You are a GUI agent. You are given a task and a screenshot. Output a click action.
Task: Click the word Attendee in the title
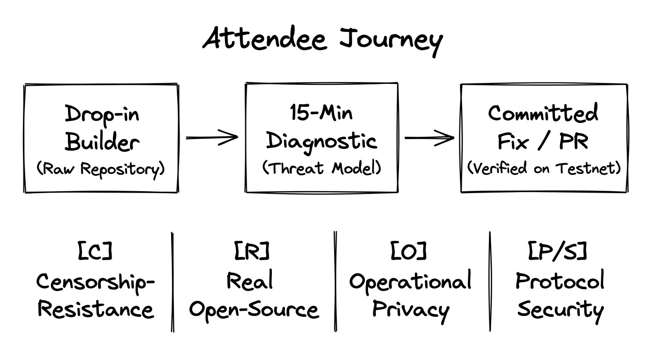(x=265, y=39)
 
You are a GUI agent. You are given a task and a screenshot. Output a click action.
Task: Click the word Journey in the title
(x=391, y=42)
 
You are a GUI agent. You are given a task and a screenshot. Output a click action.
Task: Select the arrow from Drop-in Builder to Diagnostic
(x=212, y=137)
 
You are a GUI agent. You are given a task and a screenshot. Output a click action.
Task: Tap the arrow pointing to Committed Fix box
(x=429, y=138)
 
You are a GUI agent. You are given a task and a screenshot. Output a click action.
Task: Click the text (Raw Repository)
(x=101, y=169)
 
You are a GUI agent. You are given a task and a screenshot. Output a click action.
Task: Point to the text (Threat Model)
(x=322, y=168)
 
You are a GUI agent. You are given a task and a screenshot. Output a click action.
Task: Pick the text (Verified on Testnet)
(x=544, y=168)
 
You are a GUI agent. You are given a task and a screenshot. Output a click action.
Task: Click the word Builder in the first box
(x=102, y=142)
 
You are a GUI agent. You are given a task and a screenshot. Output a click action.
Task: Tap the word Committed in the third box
(x=543, y=112)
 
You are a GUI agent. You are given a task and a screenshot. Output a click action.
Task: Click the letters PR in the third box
(x=574, y=142)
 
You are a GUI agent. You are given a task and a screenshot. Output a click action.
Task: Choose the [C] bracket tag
(x=95, y=251)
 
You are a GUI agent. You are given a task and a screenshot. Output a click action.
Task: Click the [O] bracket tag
(x=408, y=251)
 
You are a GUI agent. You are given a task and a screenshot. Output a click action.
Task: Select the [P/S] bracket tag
(x=557, y=251)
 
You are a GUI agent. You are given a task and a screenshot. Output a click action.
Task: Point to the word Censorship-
(x=96, y=283)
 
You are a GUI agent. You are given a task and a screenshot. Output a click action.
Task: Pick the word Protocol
(x=560, y=280)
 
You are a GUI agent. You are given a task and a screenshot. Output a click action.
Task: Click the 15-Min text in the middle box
(x=321, y=112)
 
